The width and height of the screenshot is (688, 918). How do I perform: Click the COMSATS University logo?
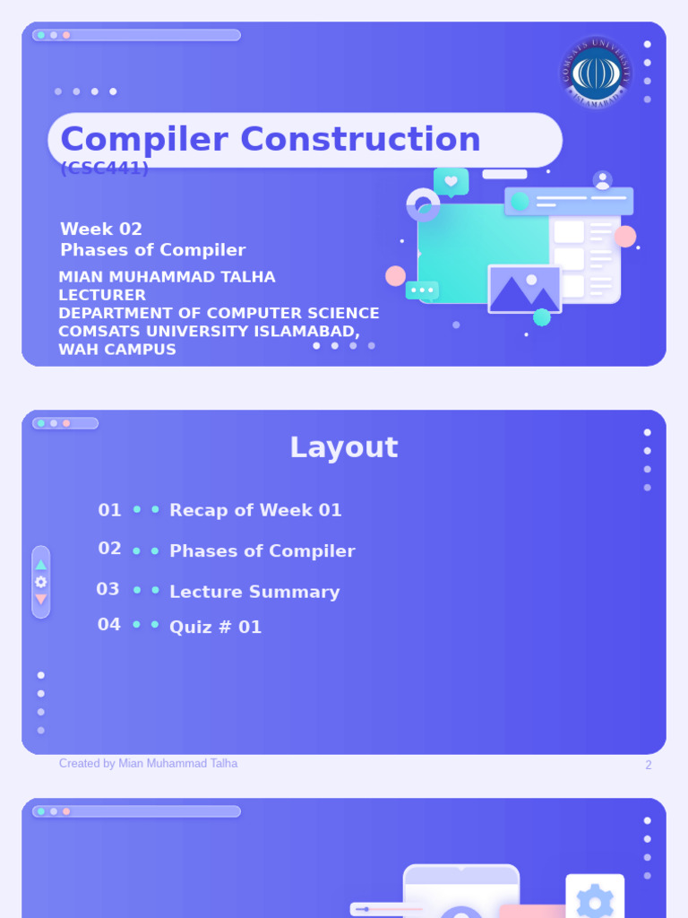596,74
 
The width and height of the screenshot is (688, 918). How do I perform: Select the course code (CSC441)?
104,169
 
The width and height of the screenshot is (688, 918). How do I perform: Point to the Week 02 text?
101,229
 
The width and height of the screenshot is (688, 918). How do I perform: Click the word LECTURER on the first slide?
102,295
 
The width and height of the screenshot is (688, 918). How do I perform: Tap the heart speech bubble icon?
451,181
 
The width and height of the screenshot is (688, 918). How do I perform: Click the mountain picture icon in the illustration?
524,290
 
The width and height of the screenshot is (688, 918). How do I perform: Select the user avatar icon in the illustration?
602,180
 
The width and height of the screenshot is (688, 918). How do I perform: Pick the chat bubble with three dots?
422,290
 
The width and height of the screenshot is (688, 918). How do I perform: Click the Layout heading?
343,447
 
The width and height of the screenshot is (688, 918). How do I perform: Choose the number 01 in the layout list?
109,510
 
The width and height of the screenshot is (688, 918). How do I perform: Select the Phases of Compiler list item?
262,551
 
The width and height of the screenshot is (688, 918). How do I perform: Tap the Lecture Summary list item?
254,592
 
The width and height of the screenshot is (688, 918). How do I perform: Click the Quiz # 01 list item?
215,628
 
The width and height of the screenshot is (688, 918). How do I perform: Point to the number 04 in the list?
109,625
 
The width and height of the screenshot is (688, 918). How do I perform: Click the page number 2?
648,765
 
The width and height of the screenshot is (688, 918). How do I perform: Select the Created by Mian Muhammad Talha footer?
148,764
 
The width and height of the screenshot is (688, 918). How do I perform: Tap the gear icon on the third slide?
595,900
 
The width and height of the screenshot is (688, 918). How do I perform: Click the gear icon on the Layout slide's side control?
40,582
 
